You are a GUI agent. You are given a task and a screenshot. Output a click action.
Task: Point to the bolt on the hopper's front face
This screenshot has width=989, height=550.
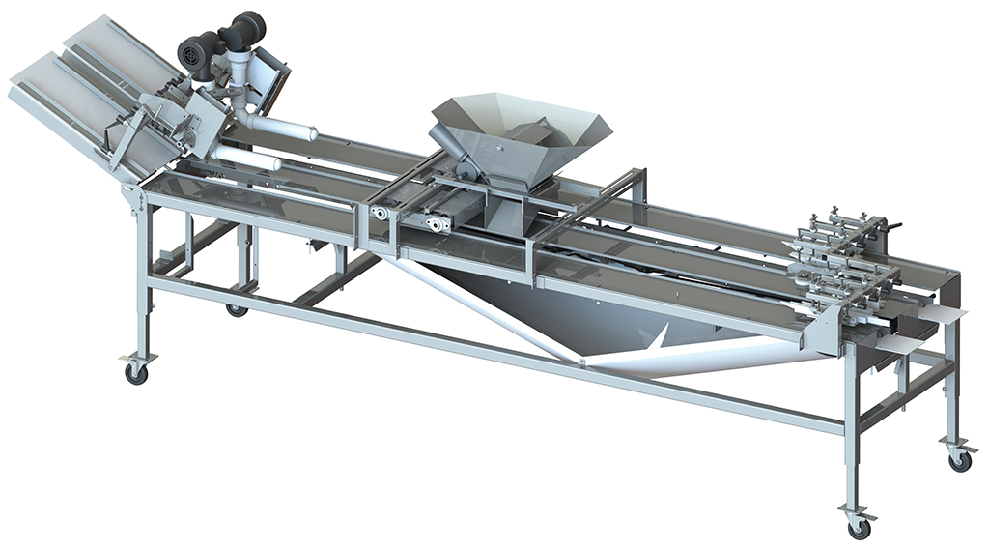(x=500, y=151)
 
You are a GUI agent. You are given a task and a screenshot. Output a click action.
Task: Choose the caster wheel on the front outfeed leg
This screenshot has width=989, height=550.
(x=858, y=528)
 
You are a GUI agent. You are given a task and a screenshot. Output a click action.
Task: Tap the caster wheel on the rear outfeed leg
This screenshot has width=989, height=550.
(x=959, y=460)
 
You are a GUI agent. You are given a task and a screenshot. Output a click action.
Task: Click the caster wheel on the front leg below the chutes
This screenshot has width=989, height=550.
(x=135, y=372)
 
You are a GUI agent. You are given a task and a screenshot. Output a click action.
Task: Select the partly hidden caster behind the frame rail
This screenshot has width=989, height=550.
(x=237, y=310)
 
